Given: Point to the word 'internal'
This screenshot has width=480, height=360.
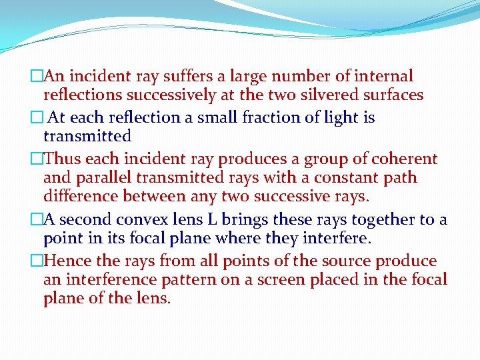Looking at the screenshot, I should (383, 76).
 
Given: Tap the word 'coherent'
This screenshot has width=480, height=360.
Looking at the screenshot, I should (404, 159).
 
